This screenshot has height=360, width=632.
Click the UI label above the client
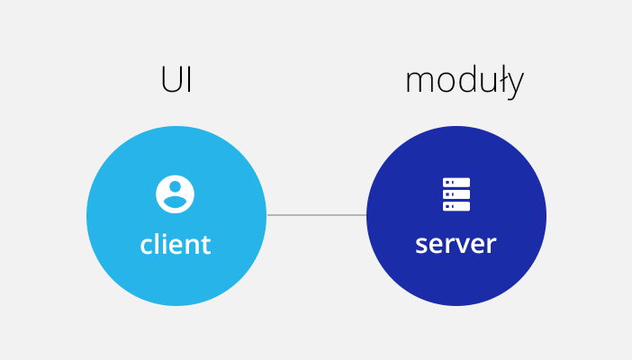[x=176, y=79]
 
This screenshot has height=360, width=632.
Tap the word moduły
[x=465, y=82]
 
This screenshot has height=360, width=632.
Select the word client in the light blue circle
[x=176, y=243]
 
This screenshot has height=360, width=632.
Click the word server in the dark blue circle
[x=456, y=244]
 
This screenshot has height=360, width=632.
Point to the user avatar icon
[x=175, y=193]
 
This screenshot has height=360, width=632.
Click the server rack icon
[x=456, y=194]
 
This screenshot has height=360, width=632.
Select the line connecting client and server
[x=316, y=215]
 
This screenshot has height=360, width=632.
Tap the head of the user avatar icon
[x=175, y=187]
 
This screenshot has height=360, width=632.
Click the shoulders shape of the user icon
[x=175, y=202]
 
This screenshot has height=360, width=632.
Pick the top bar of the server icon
[x=456, y=182]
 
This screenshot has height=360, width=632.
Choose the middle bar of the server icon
[x=456, y=194]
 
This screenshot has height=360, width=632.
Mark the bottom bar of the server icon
[x=456, y=206]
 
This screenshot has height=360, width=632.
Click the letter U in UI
[x=171, y=80]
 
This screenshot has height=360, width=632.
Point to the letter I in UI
[x=189, y=79]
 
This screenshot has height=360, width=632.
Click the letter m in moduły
[x=420, y=83]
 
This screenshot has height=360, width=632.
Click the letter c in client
[x=147, y=245]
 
